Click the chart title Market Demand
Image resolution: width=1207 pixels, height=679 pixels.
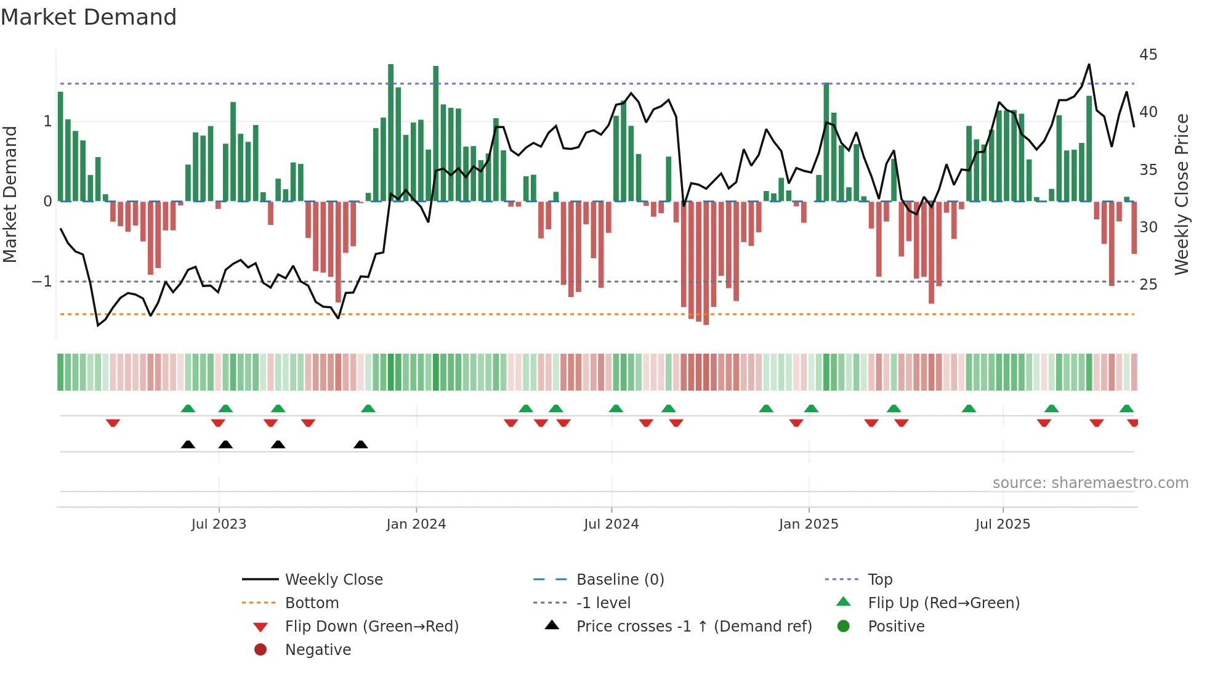tap(89, 17)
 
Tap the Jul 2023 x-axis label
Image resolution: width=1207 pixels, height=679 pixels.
tap(219, 524)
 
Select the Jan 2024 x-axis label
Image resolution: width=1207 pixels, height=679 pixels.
tap(416, 524)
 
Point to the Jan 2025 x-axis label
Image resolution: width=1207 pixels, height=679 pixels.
tap(808, 524)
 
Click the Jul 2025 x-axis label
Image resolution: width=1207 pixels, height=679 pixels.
tap(1002, 524)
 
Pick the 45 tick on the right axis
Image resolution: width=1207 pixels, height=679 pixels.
tap(1148, 55)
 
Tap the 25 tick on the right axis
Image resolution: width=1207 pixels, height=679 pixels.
tap(1148, 285)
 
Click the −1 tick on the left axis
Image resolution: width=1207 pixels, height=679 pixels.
tap(42, 282)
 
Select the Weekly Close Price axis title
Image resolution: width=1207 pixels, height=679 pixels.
tap(1181, 194)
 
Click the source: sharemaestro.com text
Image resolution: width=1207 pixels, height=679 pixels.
tap(1090, 483)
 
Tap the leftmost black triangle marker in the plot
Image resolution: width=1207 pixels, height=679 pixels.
tap(188, 445)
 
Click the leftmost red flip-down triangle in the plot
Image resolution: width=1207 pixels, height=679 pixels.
tap(113, 423)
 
